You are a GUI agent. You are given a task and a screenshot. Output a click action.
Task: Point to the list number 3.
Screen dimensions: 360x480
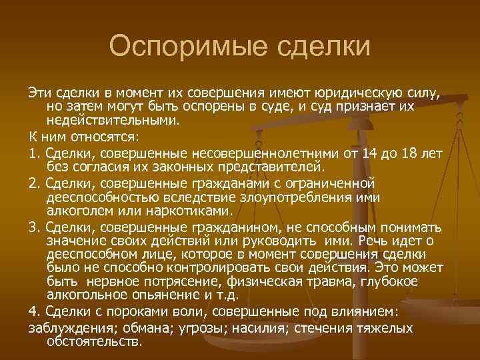[x=33, y=228]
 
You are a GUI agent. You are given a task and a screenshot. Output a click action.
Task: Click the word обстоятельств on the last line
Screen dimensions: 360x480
[x=94, y=342]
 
